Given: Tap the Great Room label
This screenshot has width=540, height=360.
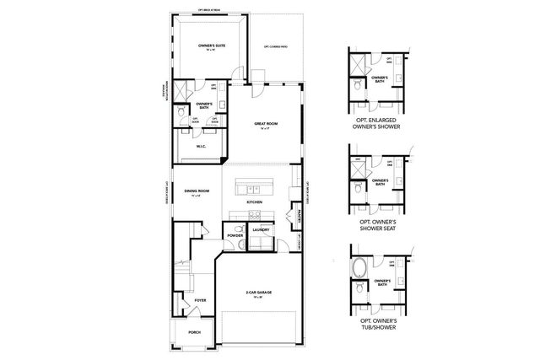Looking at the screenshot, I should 266,125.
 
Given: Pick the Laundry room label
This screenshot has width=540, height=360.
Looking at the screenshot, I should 260,229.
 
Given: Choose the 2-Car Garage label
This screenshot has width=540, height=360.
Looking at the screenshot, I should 258,293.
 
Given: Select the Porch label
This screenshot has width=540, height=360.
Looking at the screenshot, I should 195,332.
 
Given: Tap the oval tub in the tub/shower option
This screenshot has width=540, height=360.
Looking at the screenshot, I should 360,269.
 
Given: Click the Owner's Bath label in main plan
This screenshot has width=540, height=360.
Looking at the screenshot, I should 203,105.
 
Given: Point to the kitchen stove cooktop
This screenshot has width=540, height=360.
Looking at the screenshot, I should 295,179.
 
